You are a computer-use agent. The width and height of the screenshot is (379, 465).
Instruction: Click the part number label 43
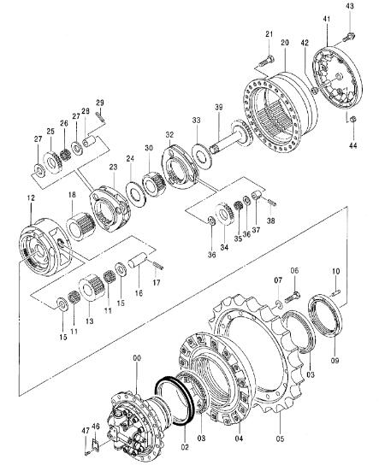pos(350,6)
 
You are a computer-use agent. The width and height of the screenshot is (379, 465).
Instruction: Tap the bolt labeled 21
pos(266,61)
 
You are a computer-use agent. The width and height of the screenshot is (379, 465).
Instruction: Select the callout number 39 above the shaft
pos(219,107)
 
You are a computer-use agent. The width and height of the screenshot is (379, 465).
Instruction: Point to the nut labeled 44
pos(352,119)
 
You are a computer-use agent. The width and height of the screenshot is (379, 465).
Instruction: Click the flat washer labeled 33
pos(202,154)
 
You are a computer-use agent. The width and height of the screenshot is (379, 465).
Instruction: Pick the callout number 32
pos(169,134)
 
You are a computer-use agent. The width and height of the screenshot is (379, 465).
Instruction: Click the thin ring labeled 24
pos(136,195)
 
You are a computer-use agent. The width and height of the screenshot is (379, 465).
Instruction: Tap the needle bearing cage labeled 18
pos(80,227)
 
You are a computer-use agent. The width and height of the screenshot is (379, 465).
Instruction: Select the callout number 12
pos(31,197)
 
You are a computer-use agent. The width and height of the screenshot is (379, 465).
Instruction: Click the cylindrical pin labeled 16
pos(138,260)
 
